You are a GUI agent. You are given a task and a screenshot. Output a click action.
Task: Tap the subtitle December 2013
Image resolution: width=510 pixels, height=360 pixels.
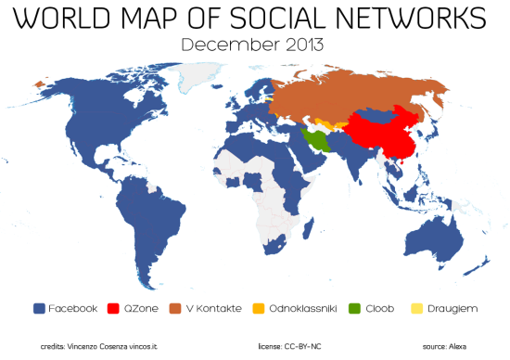coord(254,45)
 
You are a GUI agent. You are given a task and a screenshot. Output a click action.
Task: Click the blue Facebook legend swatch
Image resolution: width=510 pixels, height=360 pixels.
coord(39,307)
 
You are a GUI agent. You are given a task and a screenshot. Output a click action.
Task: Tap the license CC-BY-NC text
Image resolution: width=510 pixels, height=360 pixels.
coord(288,345)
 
